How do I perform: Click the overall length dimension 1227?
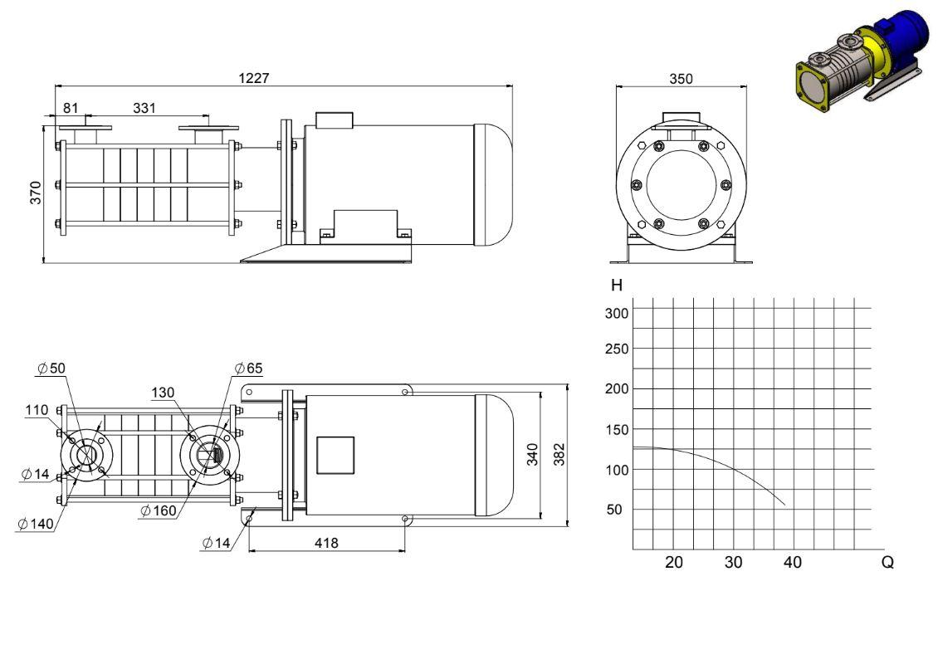pyautogui.click(x=254, y=78)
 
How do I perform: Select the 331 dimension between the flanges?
pyautogui.click(x=144, y=108)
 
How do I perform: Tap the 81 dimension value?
pyautogui.click(x=71, y=108)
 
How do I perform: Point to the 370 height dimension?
pyautogui.click(x=36, y=193)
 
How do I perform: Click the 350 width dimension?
pyautogui.click(x=681, y=78)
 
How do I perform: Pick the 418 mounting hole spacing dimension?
pyautogui.click(x=326, y=543)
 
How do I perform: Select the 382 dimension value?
pyautogui.click(x=559, y=455)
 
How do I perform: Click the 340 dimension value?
pyautogui.click(x=532, y=455)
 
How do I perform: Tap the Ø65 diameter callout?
pyautogui.click(x=249, y=368)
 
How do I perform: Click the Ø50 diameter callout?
pyautogui.click(x=51, y=368)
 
